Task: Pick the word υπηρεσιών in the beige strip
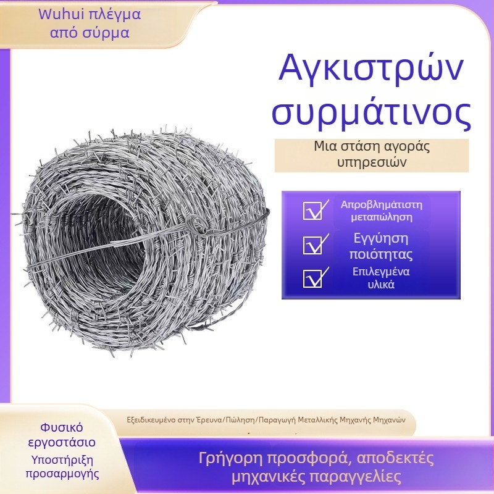372,162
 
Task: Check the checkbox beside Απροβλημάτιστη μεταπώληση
312,211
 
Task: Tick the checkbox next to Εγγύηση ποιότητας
312,245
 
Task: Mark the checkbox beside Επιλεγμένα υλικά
312,278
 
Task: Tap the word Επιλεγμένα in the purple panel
373,272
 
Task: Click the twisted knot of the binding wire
196,224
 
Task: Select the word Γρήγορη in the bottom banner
225,459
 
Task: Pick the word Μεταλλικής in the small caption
317,419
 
